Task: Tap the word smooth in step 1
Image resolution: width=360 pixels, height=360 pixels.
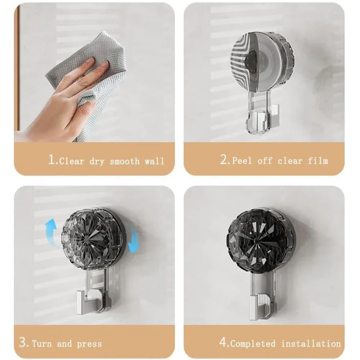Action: pyautogui.click(x=125, y=161)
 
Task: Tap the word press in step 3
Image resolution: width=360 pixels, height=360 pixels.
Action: pyautogui.click(x=89, y=344)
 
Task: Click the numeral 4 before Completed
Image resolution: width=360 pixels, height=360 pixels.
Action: pyautogui.click(x=223, y=343)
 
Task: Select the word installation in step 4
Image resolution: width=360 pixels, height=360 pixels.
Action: pyautogui.click(x=311, y=344)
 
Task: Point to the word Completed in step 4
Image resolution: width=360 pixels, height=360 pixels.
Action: pyautogui.click(x=253, y=344)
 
